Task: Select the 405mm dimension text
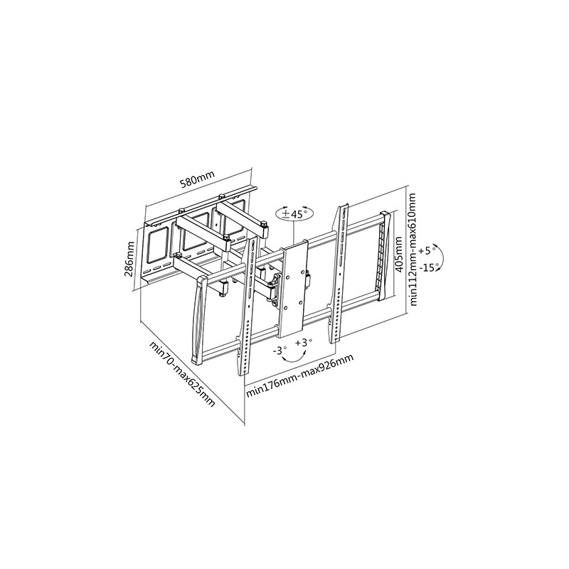tap(398, 254)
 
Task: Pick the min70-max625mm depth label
tap(182, 374)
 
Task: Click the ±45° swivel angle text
tap(294, 214)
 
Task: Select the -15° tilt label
tap(428, 268)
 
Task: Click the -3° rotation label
tap(280, 351)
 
